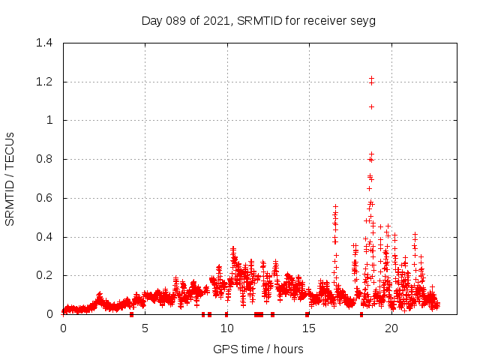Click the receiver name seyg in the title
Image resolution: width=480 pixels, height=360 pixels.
click(x=362, y=20)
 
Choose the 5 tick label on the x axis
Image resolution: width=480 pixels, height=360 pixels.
click(x=145, y=328)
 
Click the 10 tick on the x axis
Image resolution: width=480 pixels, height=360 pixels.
click(x=226, y=328)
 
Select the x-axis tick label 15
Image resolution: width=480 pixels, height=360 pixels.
click(x=308, y=328)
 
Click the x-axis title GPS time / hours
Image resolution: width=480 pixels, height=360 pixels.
click(x=258, y=349)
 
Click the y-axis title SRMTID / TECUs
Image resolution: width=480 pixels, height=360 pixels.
click(x=10, y=178)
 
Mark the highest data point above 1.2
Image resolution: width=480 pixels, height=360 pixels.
click(x=371, y=78)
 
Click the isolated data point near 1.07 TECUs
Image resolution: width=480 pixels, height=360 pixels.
click(x=371, y=106)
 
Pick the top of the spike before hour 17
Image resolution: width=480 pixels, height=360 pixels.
click(x=335, y=206)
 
